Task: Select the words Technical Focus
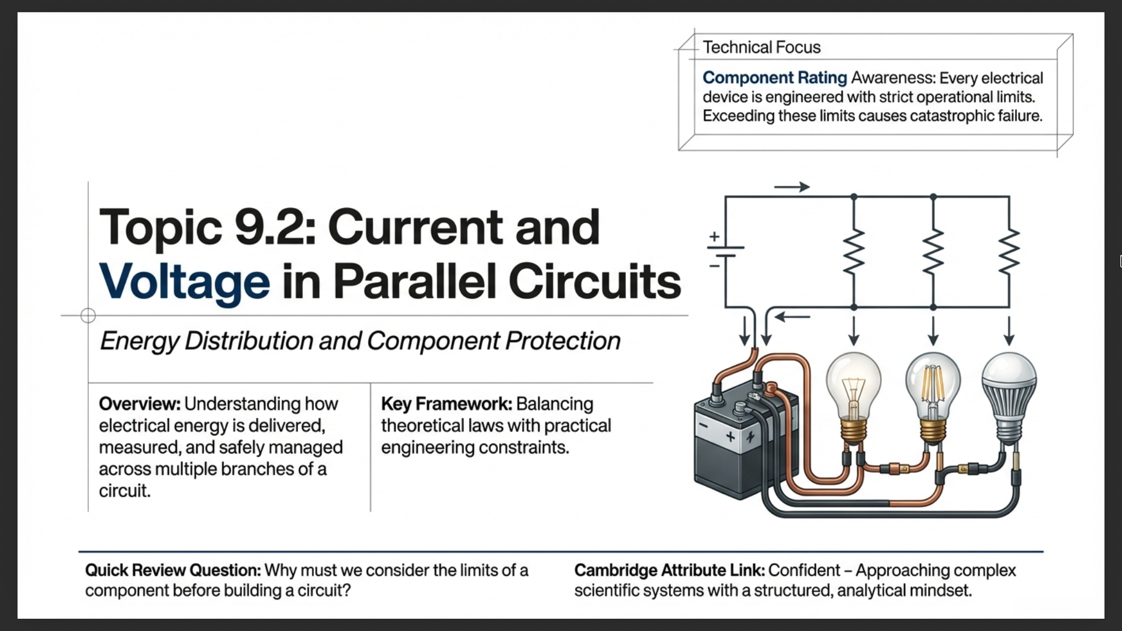click(761, 47)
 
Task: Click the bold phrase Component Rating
click(774, 78)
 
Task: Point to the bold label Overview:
click(139, 404)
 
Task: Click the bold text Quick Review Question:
click(173, 570)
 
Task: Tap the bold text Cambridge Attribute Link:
click(669, 570)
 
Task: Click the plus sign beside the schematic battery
click(714, 237)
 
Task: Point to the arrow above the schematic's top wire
click(791, 187)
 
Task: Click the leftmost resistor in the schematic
click(854, 251)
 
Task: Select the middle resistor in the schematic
click(933, 251)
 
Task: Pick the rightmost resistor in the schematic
click(1009, 251)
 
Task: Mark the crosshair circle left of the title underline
click(88, 315)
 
